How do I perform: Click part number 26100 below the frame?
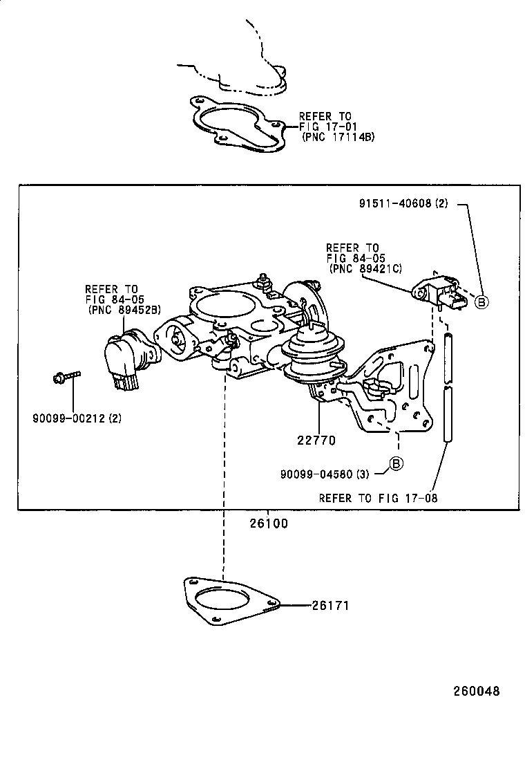tap(269, 524)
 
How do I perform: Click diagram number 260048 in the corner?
tap(476, 691)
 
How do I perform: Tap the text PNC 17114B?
tap(338, 137)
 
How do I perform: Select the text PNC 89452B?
tap(124, 311)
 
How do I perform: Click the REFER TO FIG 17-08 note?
tap(377, 497)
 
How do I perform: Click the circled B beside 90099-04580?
tap(395, 463)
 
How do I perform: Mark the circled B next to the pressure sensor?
tap(481, 301)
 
